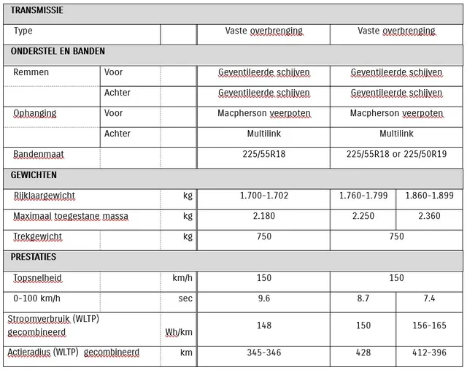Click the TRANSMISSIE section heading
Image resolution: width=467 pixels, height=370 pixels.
[36, 11]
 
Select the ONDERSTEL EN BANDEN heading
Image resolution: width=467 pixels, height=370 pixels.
[58, 52]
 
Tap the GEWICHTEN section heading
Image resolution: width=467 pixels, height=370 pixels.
[34, 175]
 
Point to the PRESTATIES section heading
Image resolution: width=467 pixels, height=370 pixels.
[34, 258]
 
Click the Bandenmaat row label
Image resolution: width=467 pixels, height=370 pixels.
[39, 155]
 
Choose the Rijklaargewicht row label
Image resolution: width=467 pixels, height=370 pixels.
[45, 196]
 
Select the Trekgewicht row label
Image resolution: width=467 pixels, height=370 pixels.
[38, 236]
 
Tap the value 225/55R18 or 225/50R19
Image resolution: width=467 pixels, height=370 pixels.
[396, 155]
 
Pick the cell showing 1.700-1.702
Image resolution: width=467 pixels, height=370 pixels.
[264, 196]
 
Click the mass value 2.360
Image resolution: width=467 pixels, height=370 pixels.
[430, 216]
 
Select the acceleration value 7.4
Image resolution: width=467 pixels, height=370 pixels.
[430, 298]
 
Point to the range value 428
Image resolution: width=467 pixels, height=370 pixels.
[363, 352]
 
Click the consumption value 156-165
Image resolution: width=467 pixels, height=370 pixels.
[430, 325]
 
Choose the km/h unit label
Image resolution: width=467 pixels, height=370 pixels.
[182, 278]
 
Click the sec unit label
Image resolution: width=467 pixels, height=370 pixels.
[185, 298]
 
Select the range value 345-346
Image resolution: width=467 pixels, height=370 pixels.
[264, 352]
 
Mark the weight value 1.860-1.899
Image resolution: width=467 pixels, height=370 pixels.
[430, 196]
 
